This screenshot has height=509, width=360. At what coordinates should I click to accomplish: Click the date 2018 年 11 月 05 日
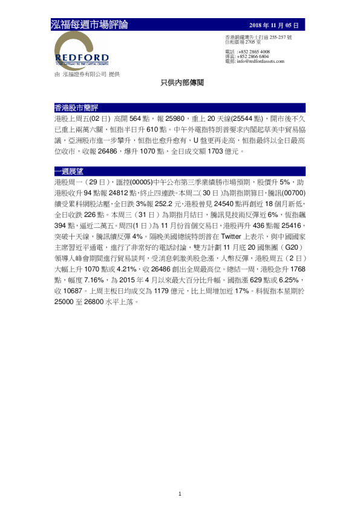274,25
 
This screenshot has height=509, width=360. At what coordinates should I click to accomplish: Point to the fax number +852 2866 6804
254,56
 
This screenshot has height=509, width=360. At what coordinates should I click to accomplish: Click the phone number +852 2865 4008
254,52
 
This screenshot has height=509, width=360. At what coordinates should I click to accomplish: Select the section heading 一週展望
68,171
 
